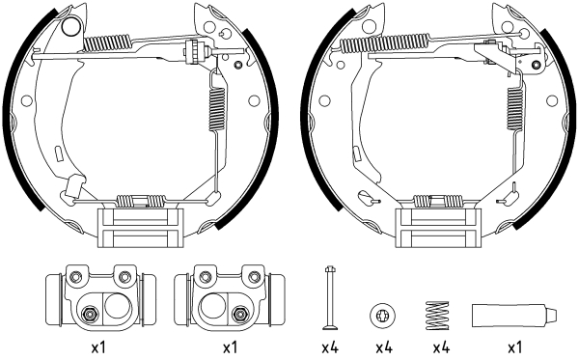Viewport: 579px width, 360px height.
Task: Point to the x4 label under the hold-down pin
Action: (x=330, y=346)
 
